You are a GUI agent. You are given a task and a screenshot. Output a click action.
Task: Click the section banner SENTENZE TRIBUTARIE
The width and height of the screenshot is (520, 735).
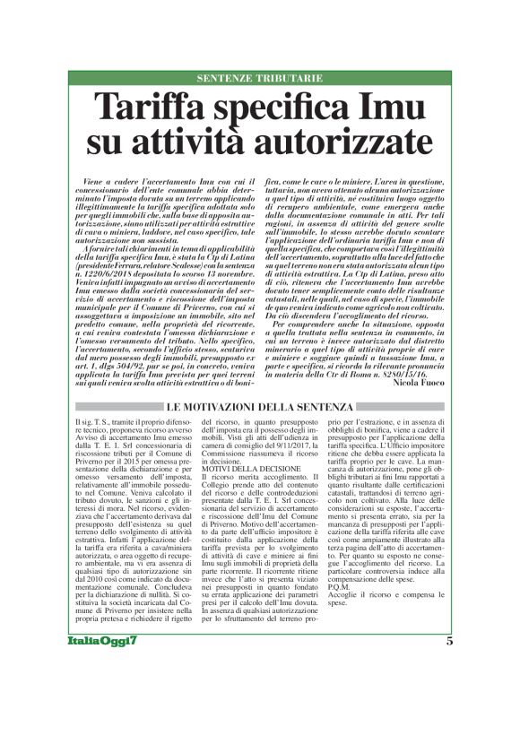[260, 79]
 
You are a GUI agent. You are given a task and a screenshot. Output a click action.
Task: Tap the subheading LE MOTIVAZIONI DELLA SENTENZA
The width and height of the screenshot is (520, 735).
[260, 384]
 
